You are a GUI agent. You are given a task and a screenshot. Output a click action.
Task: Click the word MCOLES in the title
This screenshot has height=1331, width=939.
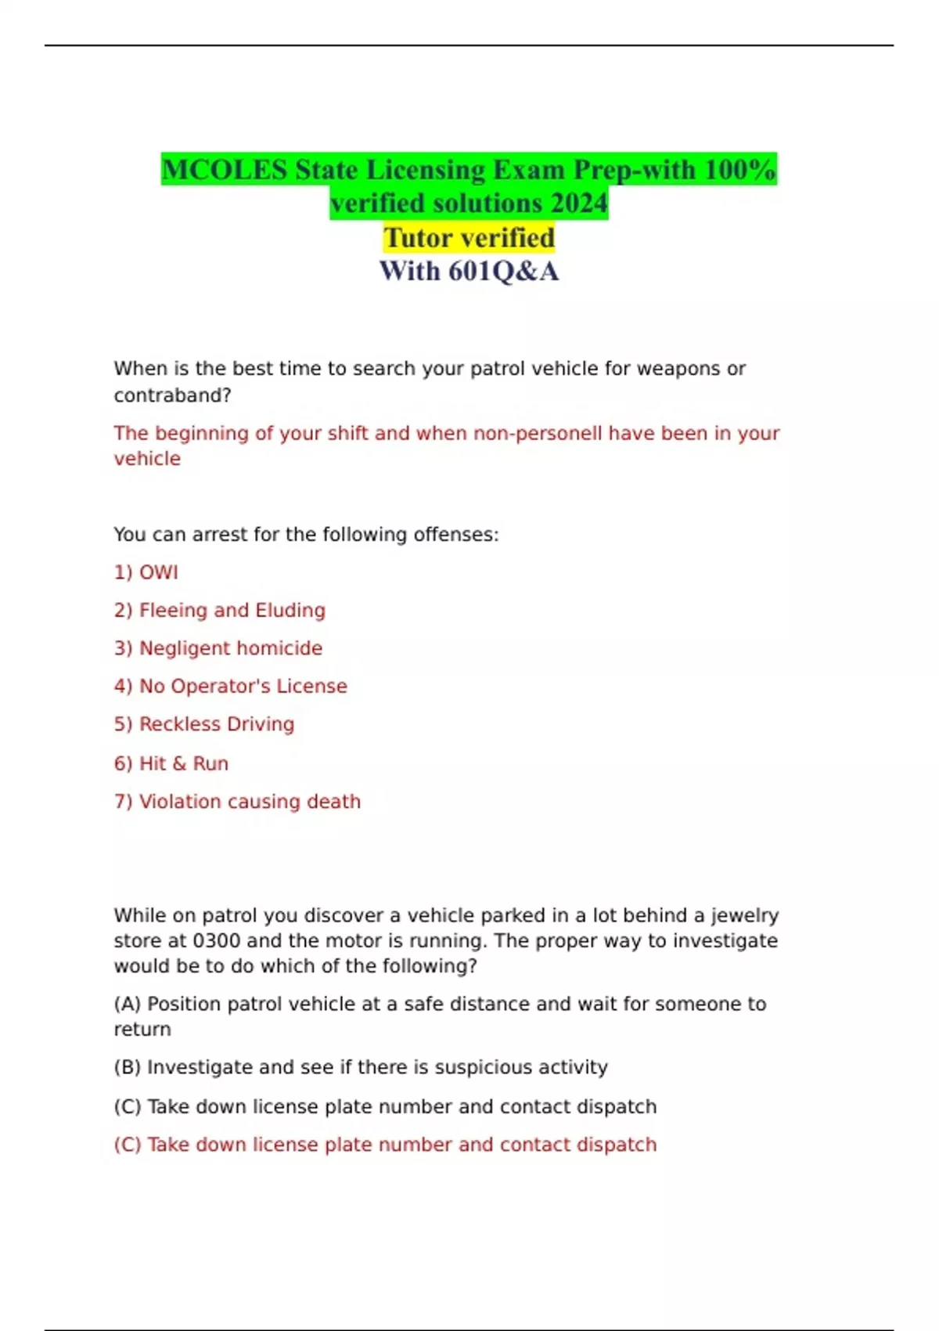(225, 170)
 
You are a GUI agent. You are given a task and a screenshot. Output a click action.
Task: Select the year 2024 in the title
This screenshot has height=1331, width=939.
(579, 204)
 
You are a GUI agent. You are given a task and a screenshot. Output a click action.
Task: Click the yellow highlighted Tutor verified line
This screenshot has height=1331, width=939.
(469, 237)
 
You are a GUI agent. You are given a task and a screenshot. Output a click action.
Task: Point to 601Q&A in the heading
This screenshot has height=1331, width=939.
(503, 271)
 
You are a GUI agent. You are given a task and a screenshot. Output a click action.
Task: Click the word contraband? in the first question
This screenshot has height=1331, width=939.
(172, 395)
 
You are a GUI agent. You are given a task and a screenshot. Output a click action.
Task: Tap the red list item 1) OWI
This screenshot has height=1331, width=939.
(146, 572)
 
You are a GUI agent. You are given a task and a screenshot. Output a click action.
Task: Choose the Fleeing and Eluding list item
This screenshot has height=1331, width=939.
(220, 610)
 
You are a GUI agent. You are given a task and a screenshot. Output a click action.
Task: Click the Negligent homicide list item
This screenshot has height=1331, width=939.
(218, 648)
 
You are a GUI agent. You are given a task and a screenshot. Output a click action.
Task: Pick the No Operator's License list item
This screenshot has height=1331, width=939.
(231, 686)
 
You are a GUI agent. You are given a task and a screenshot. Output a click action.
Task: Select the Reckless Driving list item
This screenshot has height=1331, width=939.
(204, 724)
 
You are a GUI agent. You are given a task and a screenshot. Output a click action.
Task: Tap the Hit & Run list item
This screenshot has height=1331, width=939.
(171, 763)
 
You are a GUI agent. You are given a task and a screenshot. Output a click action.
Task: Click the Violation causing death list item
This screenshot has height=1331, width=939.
(237, 802)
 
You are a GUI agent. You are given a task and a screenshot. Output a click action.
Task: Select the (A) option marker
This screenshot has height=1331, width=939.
(128, 1004)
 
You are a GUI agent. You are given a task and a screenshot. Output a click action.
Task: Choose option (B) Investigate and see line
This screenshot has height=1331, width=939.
(361, 1067)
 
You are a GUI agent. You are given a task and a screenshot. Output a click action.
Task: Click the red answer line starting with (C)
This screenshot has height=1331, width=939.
(385, 1145)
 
